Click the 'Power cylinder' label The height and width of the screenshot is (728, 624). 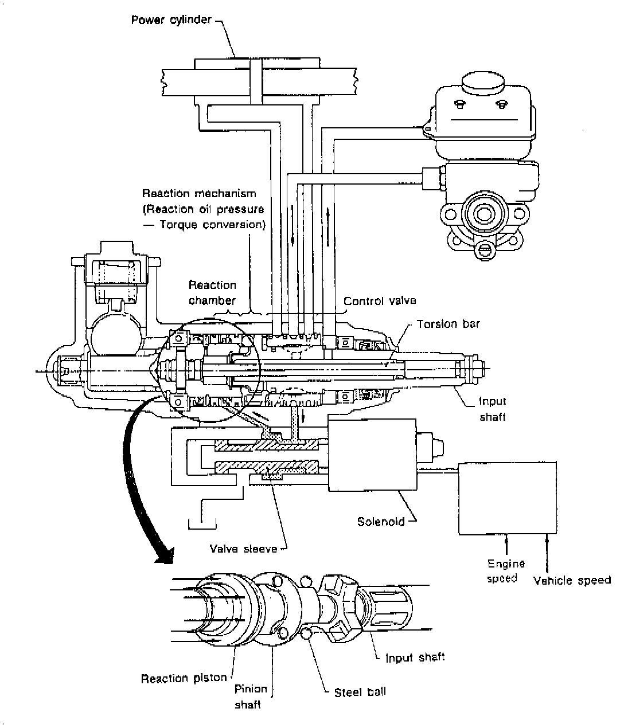click(171, 19)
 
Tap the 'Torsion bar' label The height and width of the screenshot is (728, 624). click(448, 324)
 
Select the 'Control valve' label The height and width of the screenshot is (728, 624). click(380, 301)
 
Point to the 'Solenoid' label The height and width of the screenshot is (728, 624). click(381, 521)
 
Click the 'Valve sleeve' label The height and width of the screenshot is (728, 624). click(244, 549)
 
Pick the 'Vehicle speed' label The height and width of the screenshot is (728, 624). click(572, 580)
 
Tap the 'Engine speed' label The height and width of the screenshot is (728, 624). click(506, 571)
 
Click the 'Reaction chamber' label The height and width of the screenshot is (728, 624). click(212, 292)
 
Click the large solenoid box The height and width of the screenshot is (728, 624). click(372, 455)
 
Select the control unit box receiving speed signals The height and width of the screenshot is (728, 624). click(508, 498)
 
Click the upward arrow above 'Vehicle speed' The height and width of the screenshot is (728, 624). click(547, 553)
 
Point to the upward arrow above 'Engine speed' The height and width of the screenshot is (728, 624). click(506, 545)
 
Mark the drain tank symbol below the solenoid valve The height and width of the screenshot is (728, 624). click(202, 525)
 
